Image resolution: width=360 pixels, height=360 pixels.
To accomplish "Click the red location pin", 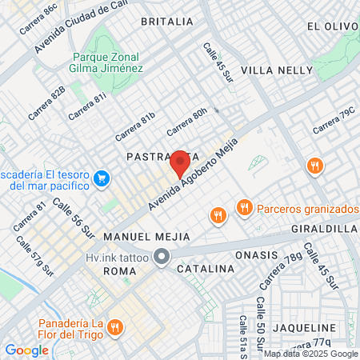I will click(180, 164).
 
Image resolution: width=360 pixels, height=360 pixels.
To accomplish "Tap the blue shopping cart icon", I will click(101, 178).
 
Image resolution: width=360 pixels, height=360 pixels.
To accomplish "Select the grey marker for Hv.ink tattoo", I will click(162, 258).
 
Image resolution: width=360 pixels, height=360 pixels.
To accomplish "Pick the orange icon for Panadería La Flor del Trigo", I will click(115, 326).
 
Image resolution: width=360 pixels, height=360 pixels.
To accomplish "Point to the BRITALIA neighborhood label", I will click(166, 21).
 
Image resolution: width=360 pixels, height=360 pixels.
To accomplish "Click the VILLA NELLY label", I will click(278, 70).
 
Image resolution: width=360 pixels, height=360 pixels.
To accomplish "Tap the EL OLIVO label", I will click(332, 26).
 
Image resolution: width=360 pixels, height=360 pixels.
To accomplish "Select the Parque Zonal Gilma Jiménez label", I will click(108, 62).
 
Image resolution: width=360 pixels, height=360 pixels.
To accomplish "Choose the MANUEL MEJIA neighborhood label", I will click(147, 237).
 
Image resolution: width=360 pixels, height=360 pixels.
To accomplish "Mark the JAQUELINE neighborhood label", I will click(303, 328).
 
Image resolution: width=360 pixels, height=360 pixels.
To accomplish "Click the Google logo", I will click(26, 350).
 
